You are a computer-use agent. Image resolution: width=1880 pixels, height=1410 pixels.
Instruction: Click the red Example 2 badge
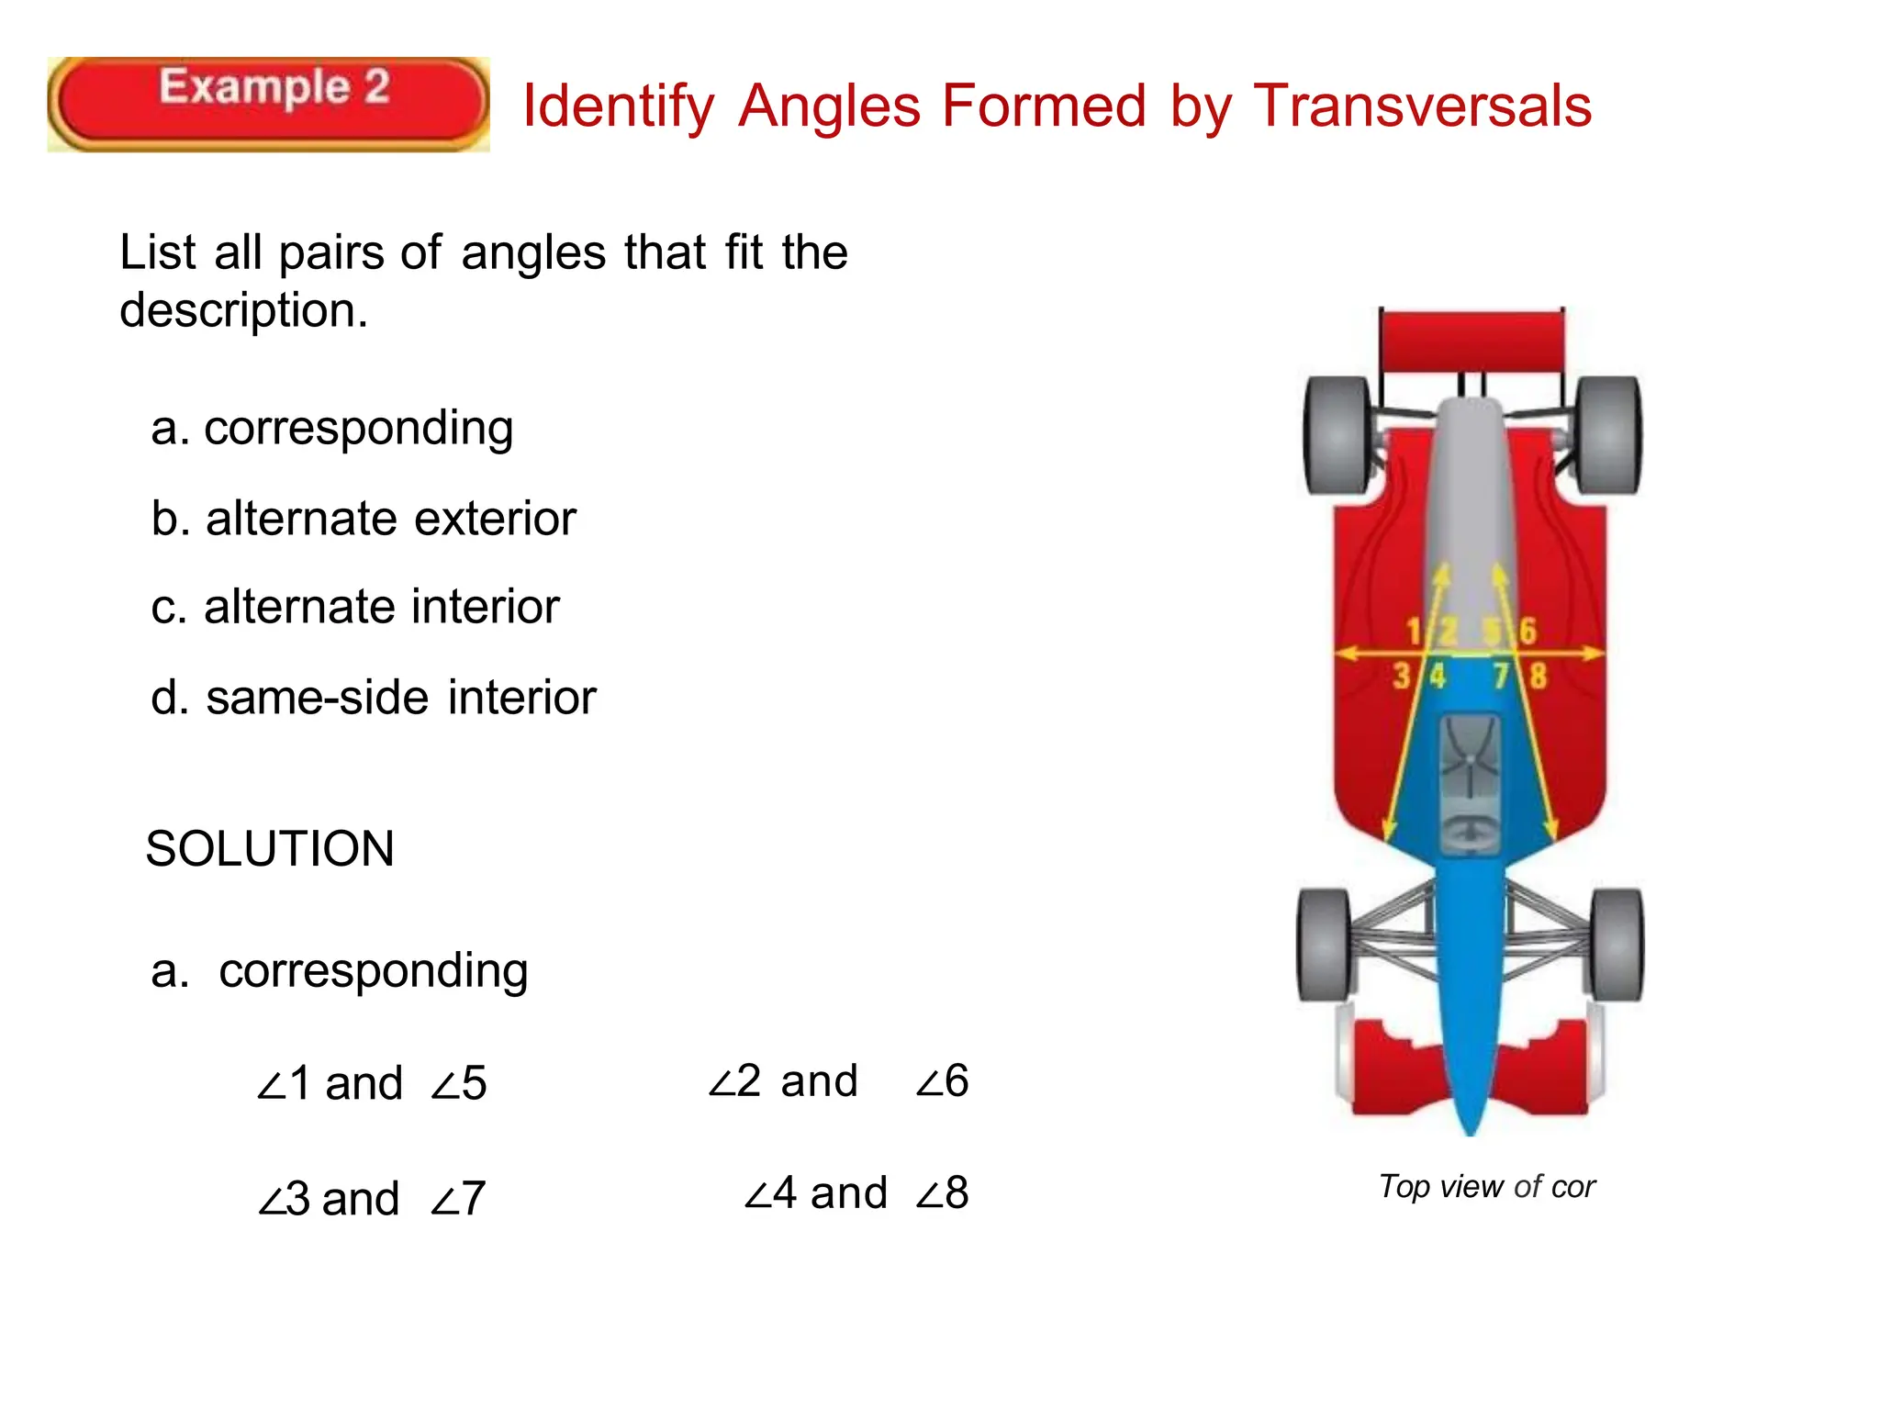[x=268, y=104]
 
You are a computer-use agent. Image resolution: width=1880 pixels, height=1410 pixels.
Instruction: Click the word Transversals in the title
[x=1422, y=106]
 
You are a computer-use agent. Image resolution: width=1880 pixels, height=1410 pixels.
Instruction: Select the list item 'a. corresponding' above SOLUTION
[x=331, y=429]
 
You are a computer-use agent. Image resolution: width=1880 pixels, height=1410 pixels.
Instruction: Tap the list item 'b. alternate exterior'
[x=364, y=519]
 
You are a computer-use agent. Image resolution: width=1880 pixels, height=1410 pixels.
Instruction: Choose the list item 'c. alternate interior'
[x=355, y=608]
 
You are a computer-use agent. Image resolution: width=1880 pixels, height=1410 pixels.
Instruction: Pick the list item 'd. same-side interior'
[x=374, y=698]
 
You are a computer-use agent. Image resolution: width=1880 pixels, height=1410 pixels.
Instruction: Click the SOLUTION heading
[x=270, y=848]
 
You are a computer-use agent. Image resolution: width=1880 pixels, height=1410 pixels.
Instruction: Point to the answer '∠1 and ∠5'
[x=371, y=1083]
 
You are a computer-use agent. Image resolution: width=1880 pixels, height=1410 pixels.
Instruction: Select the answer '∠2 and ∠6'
[x=838, y=1080]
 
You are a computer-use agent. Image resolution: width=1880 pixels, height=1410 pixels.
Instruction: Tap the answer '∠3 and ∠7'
[x=371, y=1198]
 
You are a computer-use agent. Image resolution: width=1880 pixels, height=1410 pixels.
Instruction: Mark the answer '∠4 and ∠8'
[x=856, y=1193]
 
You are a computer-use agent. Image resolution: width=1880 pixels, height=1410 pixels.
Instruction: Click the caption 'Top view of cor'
[x=1487, y=1187]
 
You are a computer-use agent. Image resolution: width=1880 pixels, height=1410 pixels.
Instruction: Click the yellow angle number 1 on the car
[x=1414, y=631]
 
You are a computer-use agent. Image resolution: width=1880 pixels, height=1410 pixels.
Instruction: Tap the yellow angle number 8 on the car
[x=1538, y=677]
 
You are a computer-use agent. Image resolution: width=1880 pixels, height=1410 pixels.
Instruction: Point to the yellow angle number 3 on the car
[x=1401, y=677]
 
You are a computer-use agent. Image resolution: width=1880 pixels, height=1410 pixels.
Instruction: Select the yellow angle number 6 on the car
[x=1527, y=631]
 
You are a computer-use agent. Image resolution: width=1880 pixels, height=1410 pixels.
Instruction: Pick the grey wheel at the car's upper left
[x=1337, y=435]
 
